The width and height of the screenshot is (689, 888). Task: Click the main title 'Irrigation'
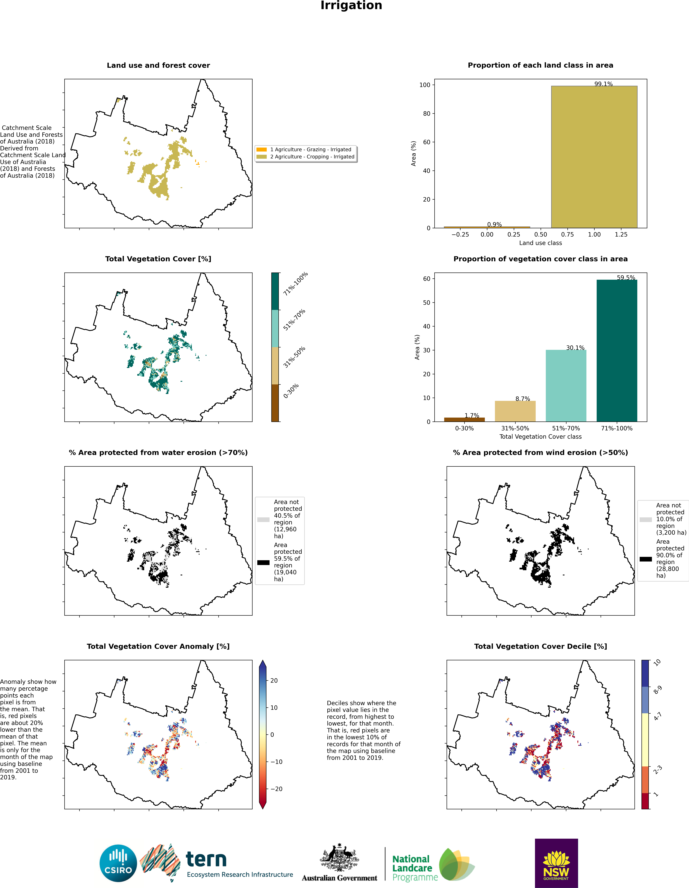[x=351, y=6]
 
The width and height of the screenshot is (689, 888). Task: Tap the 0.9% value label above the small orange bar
[x=494, y=224]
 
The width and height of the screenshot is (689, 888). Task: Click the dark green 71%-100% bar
[x=617, y=351]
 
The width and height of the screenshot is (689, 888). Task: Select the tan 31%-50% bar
[x=515, y=411]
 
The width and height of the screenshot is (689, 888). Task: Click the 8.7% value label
[x=523, y=399]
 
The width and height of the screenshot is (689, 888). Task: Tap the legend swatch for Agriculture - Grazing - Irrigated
[x=262, y=150]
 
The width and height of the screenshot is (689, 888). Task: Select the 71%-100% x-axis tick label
[x=617, y=428]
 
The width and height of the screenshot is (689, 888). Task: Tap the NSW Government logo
[x=556, y=863]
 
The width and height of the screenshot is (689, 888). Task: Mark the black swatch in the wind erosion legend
[x=645, y=559]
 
